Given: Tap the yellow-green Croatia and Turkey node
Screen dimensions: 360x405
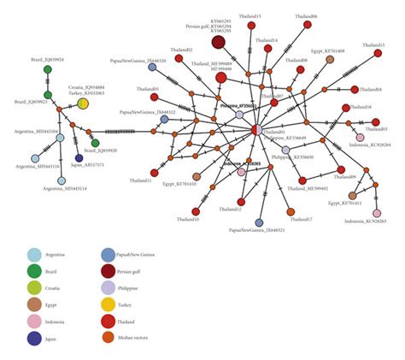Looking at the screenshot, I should coord(83,104).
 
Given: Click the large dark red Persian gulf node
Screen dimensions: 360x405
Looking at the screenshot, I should coord(219,42).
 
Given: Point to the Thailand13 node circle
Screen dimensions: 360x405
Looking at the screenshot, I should coord(252,26).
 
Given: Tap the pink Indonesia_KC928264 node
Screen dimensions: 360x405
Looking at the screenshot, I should coord(360,138).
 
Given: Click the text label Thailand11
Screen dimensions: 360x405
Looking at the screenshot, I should coord(141,181).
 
